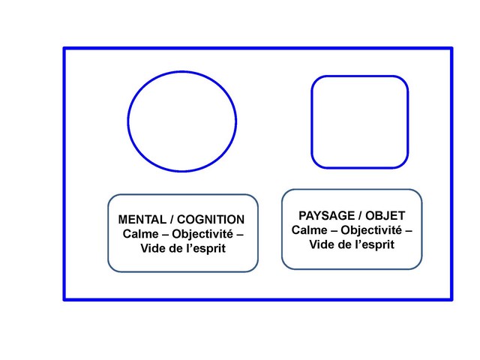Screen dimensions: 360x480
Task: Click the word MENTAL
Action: pos(140,220)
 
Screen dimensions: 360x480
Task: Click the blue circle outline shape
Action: pos(182,121)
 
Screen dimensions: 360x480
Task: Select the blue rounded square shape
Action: pos(360,121)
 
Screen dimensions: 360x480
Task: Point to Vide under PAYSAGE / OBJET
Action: pos(324,244)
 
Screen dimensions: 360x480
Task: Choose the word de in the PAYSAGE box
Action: pos(346,244)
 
